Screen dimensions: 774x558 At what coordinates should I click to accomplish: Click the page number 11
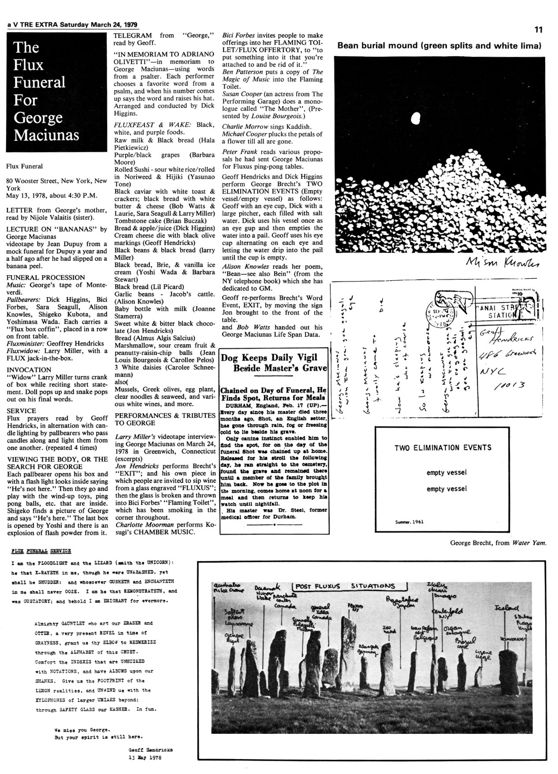[538, 30]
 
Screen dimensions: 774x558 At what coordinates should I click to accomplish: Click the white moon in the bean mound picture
[415, 118]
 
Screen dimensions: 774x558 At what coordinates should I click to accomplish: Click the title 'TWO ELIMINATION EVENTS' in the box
[443, 447]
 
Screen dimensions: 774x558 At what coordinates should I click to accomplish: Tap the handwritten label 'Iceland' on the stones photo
[508, 609]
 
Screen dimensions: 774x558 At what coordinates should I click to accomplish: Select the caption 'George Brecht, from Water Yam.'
[498, 543]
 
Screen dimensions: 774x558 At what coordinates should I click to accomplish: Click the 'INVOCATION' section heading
[29, 370]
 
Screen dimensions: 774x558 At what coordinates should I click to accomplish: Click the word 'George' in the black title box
[38, 118]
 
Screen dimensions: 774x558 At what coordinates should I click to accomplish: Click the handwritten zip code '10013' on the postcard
[509, 386]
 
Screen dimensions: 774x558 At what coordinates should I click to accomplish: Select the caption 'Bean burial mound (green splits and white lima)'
[439, 46]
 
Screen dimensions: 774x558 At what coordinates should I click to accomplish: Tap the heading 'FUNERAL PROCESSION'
[45, 278]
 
